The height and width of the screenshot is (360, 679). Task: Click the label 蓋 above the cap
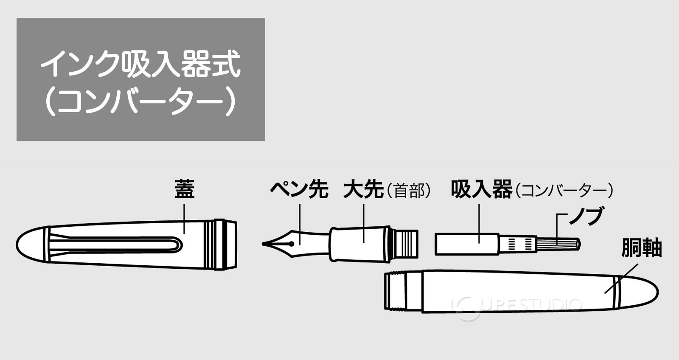[185, 189]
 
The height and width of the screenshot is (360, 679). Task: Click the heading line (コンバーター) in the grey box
[140, 102]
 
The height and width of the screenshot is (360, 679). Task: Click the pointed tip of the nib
[264, 244]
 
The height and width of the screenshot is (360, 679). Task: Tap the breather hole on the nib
[292, 244]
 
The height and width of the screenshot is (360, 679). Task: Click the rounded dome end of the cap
[30, 245]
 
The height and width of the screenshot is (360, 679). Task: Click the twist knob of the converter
[558, 244]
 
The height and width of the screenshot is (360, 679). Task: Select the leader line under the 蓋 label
[185, 218]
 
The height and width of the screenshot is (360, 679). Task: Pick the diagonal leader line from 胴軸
[621, 278]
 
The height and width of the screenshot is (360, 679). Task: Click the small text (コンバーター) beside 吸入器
[564, 191]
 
